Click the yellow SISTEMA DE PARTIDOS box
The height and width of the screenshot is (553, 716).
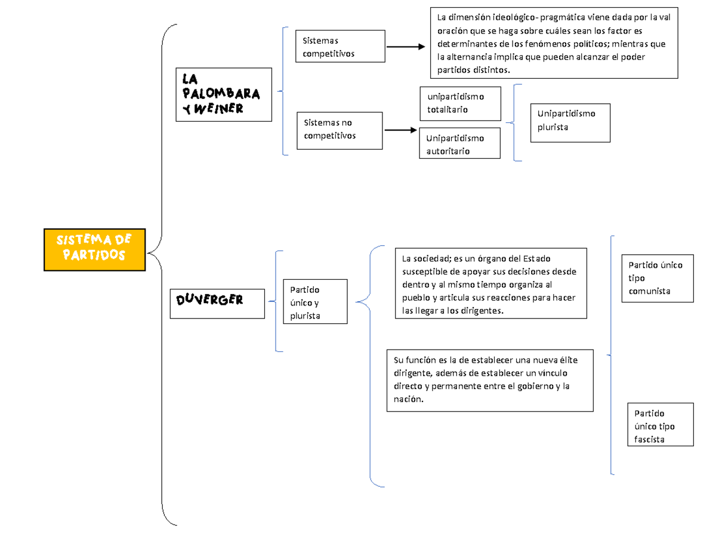[94, 249]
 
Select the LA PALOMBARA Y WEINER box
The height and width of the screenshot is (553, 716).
[223, 94]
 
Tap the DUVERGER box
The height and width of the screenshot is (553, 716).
[217, 304]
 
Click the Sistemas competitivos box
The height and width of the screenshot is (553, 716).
[340, 47]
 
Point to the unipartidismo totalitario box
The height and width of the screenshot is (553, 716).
[459, 103]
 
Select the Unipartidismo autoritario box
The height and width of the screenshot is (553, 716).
[459, 144]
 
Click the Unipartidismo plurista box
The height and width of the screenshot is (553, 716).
[570, 121]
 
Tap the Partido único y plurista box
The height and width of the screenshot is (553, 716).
[314, 301]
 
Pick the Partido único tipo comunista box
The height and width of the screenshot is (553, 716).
[658, 278]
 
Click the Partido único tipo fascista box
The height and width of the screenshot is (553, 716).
[661, 425]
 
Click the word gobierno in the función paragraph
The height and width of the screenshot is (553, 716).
[536, 386]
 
